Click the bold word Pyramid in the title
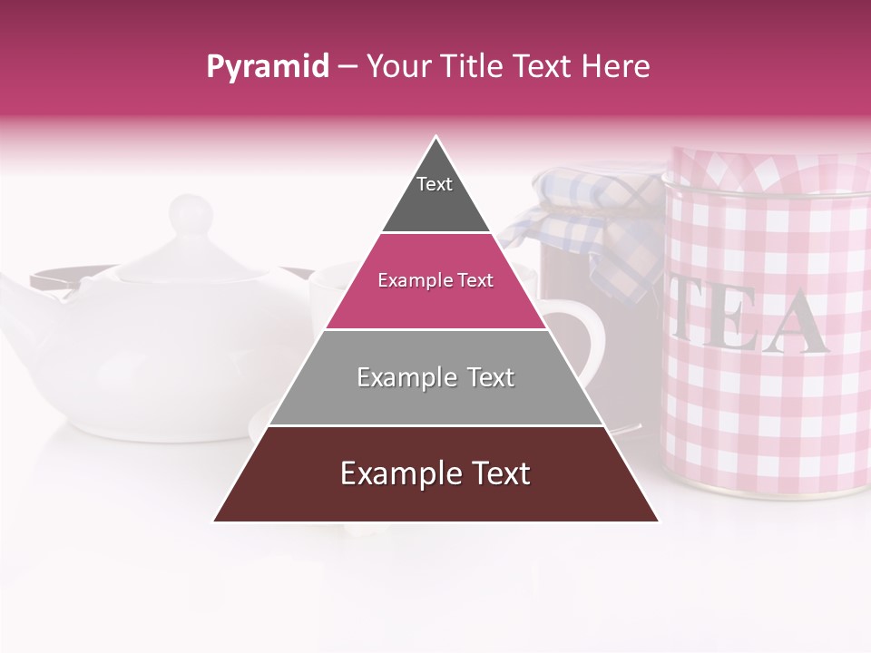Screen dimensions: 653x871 [267, 67]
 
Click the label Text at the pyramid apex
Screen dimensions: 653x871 [434, 184]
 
